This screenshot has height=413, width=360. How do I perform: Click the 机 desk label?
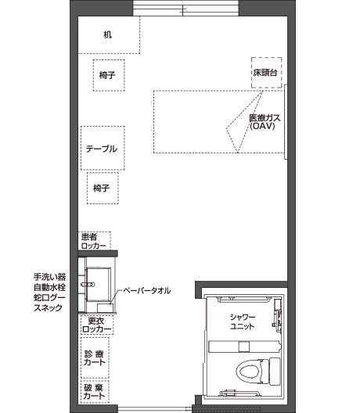[x=107, y=34]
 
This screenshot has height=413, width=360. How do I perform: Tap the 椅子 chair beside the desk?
[x=109, y=75]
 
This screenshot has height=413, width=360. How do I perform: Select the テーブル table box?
[x=103, y=148]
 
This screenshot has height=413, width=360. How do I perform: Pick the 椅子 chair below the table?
[x=103, y=188]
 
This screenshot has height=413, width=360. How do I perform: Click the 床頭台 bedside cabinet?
[x=266, y=73]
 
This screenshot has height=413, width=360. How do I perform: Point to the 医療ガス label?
[x=265, y=118]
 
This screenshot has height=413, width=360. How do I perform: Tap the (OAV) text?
[x=262, y=126]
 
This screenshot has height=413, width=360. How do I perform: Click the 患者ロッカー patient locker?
[x=95, y=241]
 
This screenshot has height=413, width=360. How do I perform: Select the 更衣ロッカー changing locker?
[x=97, y=325]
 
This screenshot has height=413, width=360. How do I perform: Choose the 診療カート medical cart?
[x=95, y=357]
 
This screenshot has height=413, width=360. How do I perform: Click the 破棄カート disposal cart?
[x=95, y=392]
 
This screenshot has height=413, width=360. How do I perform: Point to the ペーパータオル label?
[x=147, y=291]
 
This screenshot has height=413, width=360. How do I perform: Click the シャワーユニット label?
[x=243, y=321]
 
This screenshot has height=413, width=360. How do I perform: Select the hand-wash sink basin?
[x=99, y=284]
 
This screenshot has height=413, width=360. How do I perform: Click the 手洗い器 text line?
[x=50, y=277]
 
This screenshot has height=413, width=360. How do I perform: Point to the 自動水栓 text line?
[x=50, y=287]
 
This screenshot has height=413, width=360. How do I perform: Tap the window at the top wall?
[x=185, y=8]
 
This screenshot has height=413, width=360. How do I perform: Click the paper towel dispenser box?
[x=105, y=307]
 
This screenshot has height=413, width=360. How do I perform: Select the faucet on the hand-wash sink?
[x=88, y=285]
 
